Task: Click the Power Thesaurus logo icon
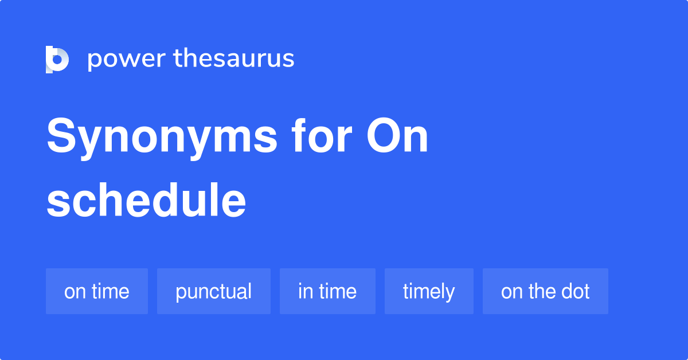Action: pyautogui.click(x=57, y=60)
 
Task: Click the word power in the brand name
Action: pyautogui.click(x=127, y=60)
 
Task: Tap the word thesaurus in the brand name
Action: pyautogui.click(x=234, y=58)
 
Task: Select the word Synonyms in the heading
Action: pyautogui.click(x=162, y=138)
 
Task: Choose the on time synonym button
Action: pyautogui.click(x=97, y=291)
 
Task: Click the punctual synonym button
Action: pyautogui.click(x=214, y=291)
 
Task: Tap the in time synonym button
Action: pyautogui.click(x=327, y=291)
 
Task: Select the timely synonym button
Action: pyautogui.click(x=429, y=291)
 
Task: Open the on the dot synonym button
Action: pyautogui.click(x=545, y=291)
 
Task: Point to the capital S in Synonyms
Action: pyautogui.click(x=61, y=135)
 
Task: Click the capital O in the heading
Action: pyautogui.click(x=383, y=135)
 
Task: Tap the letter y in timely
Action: pyautogui.click(x=449, y=294)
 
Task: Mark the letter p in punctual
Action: pyautogui.click(x=181, y=294)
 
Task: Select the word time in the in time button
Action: pyautogui.click(x=338, y=291)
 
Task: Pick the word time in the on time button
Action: pyautogui.click(x=111, y=291)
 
